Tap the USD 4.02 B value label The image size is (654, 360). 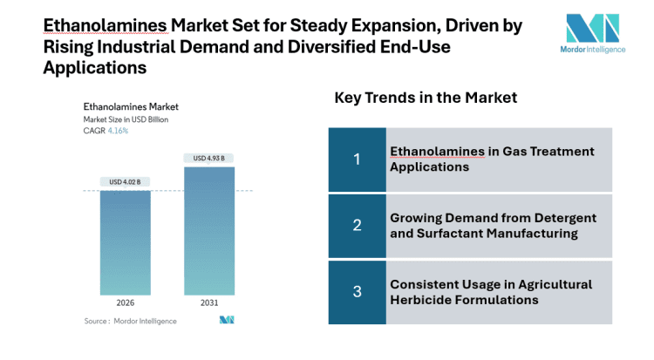[x=125, y=181]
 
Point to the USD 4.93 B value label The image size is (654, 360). [x=208, y=158]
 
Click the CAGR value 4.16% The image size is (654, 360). [x=118, y=131]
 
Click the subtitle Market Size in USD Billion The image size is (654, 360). [x=126, y=119]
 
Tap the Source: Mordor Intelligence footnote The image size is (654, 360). [x=130, y=321]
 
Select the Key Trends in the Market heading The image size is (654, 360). [x=426, y=98]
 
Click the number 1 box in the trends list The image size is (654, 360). [x=357, y=159]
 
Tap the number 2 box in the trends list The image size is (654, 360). [x=357, y=225]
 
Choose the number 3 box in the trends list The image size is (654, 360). [x=357, y=292]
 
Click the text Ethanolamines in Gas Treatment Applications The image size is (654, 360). [x=491, y=159]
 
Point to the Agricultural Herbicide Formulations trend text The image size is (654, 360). [x=490, y=292]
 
